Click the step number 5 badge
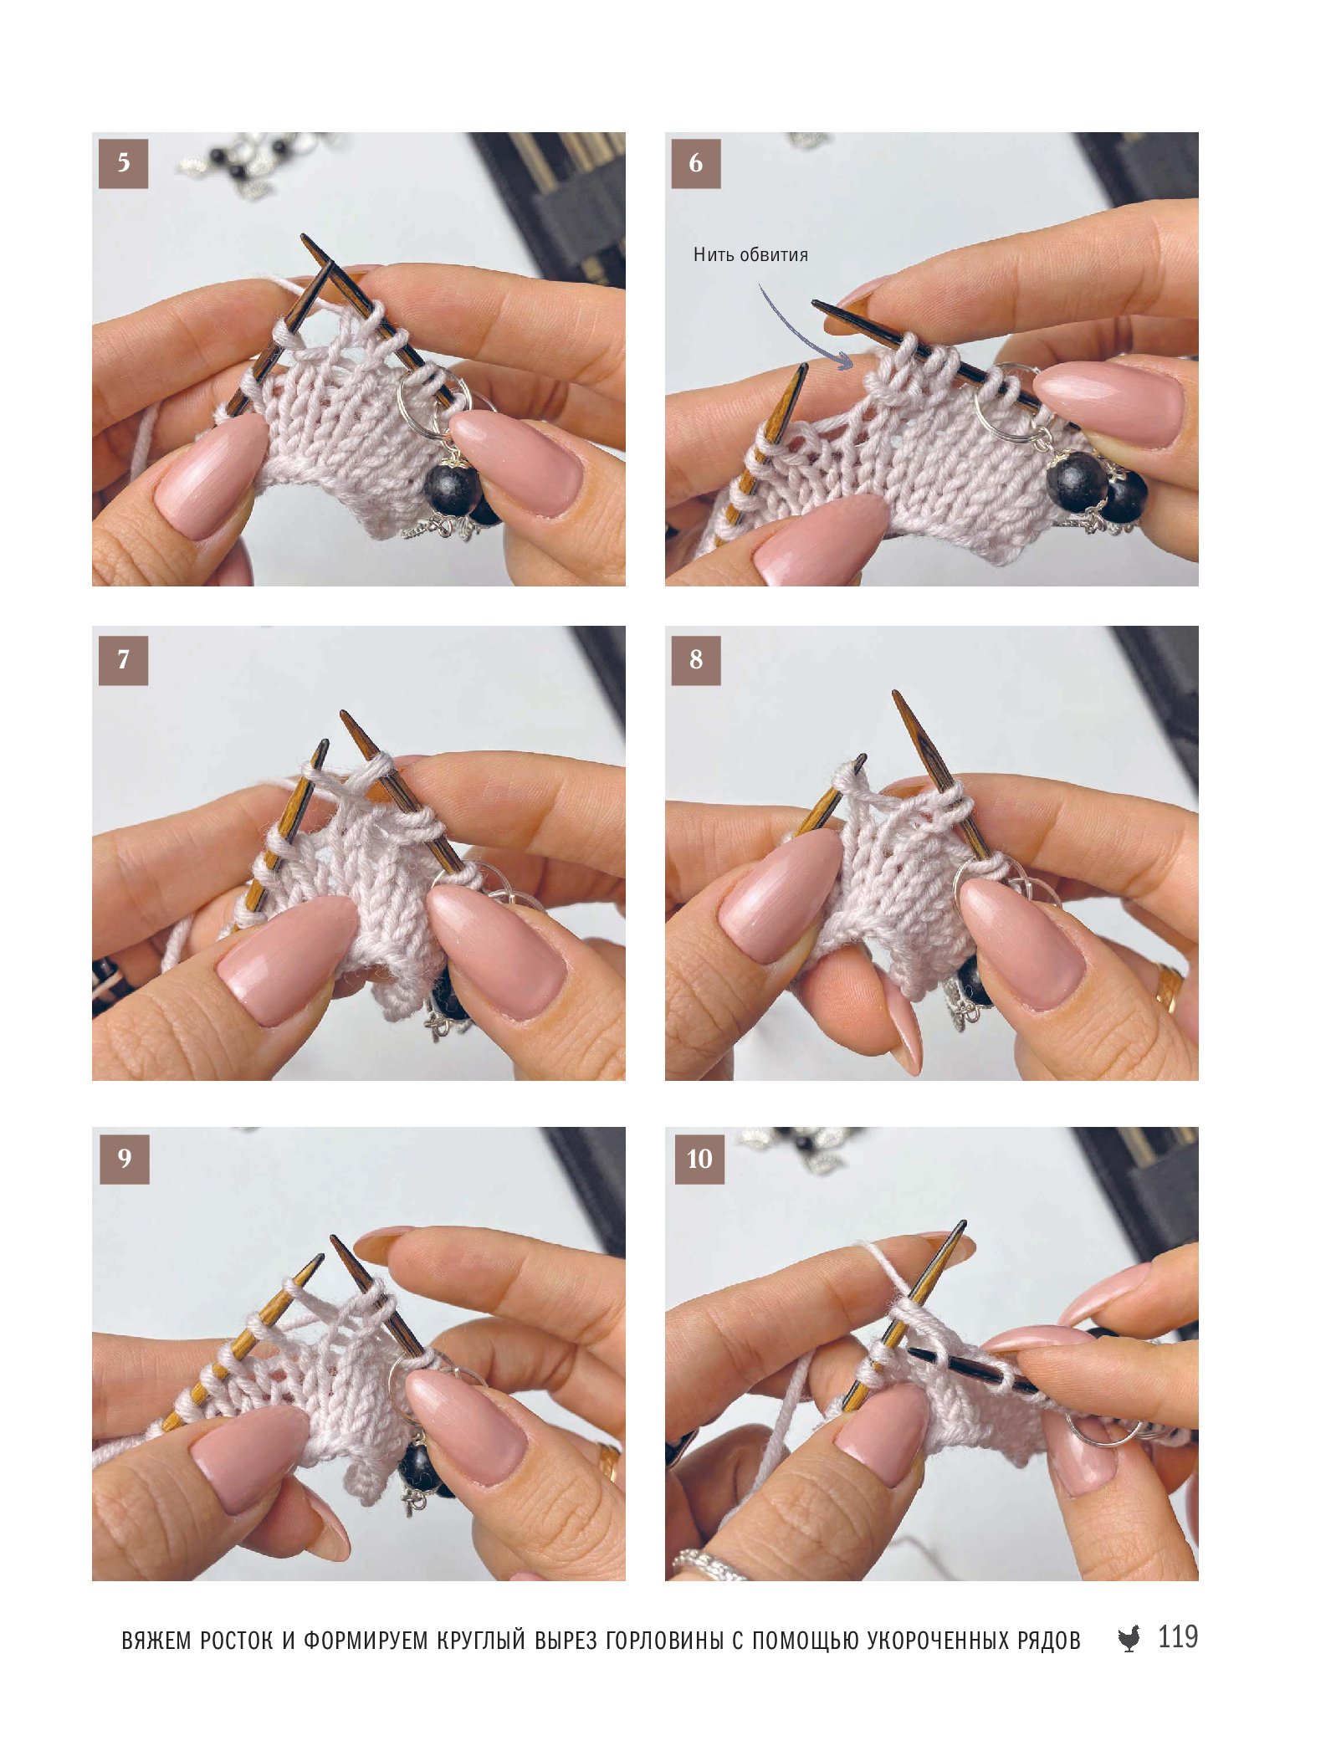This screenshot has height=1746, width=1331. point(123,163)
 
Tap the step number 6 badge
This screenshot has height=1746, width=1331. point(696,163)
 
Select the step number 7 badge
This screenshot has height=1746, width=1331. point(123,660)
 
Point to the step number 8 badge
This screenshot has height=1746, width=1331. point(696,660)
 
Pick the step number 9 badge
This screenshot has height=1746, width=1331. point(124,1159)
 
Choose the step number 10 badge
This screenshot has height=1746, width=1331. point(699,1159)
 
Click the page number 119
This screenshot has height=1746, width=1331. point(1178,1636)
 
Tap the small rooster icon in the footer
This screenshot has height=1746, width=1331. point(1129,1638)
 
